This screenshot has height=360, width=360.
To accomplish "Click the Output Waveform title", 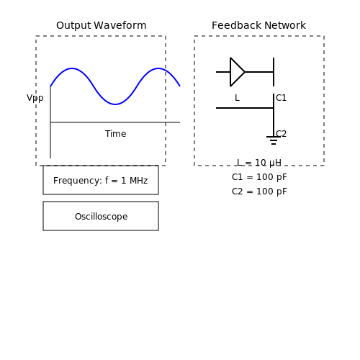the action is pyautogui.click(x=102, y=25).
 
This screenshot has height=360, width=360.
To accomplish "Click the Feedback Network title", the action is pyautogui.click(x=258, y=25).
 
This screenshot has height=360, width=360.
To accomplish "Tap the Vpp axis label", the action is pyautogui.click(x=35, y=98).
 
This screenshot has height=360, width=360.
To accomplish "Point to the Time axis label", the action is pyautogui.click(x=115, y=134).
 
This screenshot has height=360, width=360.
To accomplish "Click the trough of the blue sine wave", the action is pyautogui.click(x=115, y=104).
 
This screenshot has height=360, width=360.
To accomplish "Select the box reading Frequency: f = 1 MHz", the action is pyautogui.click(x=101, y=180).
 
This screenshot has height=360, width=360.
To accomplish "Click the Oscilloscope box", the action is pyautogui.click(x=101, y=216).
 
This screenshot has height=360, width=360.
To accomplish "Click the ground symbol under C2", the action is pyautogui.click(x=274, y=140).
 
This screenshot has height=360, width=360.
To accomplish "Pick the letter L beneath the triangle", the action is pyautogui.click(x=237, y=98).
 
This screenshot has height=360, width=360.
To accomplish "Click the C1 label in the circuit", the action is pyautogui.click(x=282, y=98).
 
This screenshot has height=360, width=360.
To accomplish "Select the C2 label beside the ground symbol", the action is pyautogui.click(x=282, y=134).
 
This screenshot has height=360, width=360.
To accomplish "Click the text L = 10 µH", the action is pyautogui.click(x=259, y=163).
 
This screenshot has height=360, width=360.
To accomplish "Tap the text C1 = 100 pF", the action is pyautogui.click(x=259, y=177).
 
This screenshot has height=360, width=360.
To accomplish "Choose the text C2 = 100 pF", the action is pyautogui.click(x=259, y=192).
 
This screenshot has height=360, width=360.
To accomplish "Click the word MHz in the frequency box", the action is pyautogui.click(x=138, y=181).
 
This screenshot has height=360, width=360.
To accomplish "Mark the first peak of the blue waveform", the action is pyautogui.click(x=72, y=68).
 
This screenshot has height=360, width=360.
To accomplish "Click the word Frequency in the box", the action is pyautogui.click(x=78, y=181).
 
